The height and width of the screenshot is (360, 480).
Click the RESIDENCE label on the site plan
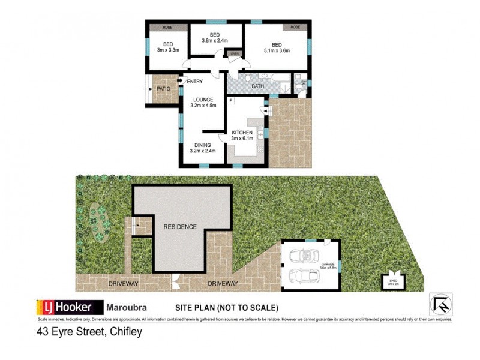(180, 227)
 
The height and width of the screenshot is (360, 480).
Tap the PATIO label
(163, 89)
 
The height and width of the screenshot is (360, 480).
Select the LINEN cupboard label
(234, 54)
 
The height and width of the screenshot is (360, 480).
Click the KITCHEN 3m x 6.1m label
(242, 136)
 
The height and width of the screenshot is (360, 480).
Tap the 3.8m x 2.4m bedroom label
(216, 37)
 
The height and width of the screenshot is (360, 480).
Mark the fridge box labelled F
(231, 100)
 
